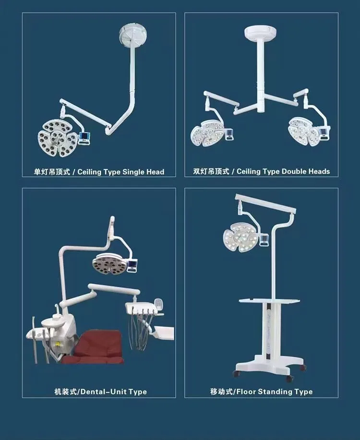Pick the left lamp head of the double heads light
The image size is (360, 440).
pyautogui.click(x=207, y=131)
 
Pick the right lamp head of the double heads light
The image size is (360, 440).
pyautogui.click(x=305, y=131)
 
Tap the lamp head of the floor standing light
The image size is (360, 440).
pyautogui.click(x=240, y=238)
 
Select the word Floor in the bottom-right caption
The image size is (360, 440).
pyautogui.click(x=246, y=391)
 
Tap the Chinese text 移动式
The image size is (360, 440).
pyautogui.click(x=220, y=391)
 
